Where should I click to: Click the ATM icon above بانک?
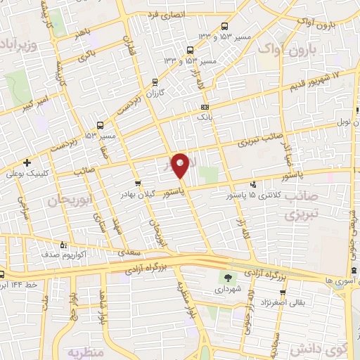(x=204, y=107)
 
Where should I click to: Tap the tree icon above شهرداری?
(x=227, y=277)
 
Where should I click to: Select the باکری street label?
(x=86, y=56)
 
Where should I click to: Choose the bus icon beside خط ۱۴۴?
(x=4, y=274)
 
